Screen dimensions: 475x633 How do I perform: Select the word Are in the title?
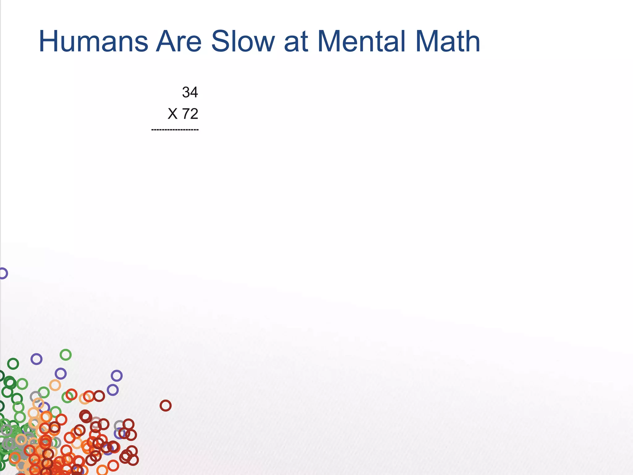[179, 41]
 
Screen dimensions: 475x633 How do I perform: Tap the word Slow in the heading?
[243, 41]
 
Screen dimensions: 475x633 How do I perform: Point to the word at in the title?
[296, 42]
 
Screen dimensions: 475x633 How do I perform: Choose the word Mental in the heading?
[361, 41]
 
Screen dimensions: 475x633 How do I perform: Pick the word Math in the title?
[448, 41]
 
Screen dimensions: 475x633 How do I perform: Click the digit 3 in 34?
[186, 92]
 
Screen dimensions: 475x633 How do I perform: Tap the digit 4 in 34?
[194, 92]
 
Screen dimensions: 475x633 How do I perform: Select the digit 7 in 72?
[186, 114]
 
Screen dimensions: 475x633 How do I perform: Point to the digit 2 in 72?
[194, 114]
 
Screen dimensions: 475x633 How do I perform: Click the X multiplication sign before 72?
[172, 114]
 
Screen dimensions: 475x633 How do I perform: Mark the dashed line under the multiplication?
[175, 130]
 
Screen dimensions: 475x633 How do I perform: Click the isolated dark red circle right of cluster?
[165, 405]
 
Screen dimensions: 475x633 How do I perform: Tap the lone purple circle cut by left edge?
[3, 273]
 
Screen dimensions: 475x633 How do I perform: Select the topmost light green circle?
[66, 355]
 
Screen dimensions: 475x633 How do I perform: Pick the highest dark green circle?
[13, 364]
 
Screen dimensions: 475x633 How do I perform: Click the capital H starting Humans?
[49, 41]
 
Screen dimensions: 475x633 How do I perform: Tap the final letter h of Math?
[472, 41]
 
